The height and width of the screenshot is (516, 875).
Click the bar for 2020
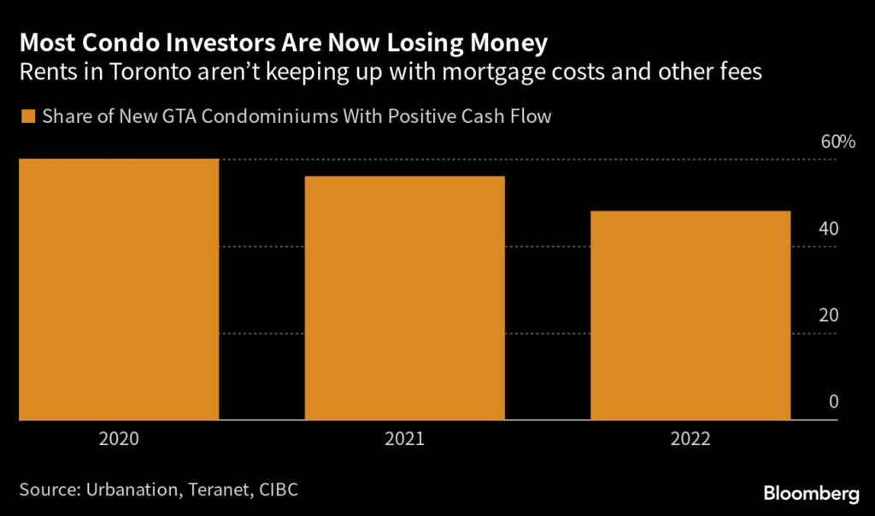click(118, 290)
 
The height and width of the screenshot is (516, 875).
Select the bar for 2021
click(404, 299)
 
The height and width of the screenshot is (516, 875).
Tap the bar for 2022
click(690, 316)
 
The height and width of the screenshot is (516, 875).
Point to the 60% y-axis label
click(837, 142)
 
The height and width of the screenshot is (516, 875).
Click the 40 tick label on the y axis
click(829, 229)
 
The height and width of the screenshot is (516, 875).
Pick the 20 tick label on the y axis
click(829, 316)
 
